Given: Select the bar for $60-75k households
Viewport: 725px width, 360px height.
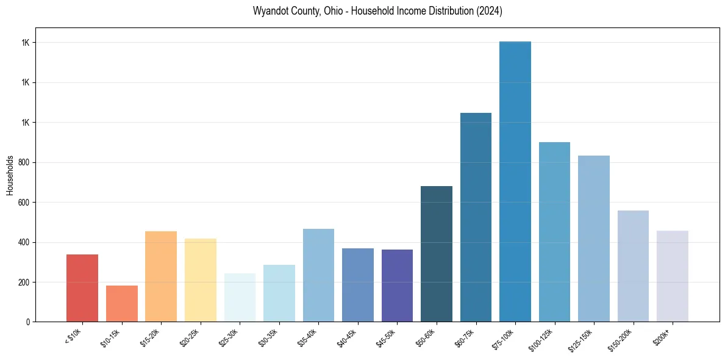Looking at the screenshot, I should tap(476, 217).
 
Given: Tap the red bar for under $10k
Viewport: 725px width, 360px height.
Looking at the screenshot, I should tap(82, 288).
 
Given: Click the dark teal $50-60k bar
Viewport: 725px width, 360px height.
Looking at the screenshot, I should tap(437, 254).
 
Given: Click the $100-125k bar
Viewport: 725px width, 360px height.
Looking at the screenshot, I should tap(554, 232).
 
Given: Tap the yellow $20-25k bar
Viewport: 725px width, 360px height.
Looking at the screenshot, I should tap(201, 280).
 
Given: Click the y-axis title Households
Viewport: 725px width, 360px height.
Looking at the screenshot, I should tap(10, 175).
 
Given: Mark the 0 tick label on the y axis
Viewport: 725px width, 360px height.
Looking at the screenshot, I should tap(28, 322).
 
